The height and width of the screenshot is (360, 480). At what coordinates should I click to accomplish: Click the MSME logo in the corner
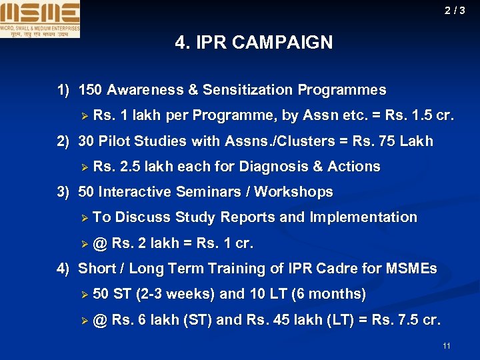click(40, 19)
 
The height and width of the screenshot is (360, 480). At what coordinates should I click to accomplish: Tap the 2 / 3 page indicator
click(456, 10)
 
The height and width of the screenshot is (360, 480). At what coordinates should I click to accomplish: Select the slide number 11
click(446, 345)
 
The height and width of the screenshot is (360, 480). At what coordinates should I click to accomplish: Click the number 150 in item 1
click(91, 90)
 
